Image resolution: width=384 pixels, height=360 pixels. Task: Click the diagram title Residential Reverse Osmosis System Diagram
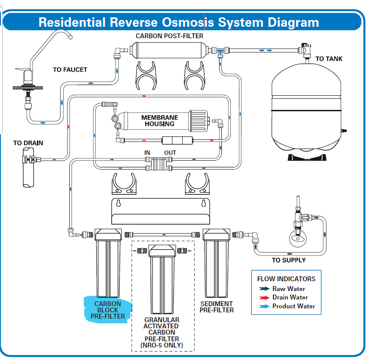click(x=178, y=22)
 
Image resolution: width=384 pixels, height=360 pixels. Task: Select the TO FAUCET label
click(x=70, y=70)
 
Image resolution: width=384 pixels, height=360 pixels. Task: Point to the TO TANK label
click(x=329, y=59)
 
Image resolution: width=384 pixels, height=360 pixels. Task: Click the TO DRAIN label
click(x=28, y=143)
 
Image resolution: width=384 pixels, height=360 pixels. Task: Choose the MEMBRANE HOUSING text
click(x=160, y=121)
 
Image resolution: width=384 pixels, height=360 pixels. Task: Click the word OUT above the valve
click(x=170, y=153)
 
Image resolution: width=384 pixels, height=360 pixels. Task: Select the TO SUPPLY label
click(x=289, y=260)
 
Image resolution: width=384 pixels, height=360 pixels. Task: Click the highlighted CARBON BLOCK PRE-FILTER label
click(x=107, y=310)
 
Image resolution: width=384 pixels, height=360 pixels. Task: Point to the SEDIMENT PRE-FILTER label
click(x=216, y=307)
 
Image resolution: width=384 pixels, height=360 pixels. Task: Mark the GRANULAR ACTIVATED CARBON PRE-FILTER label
click(x=162, y=332)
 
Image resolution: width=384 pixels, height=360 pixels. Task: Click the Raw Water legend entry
click(x=288, y=289)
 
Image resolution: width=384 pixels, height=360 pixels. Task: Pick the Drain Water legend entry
click(x=290, y=297)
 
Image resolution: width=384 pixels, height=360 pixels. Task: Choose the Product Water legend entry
click(x=293, y=306)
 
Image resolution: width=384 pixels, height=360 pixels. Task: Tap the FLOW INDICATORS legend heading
click(x=286, y=279)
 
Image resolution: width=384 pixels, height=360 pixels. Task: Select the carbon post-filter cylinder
click(x=168, y=49)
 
